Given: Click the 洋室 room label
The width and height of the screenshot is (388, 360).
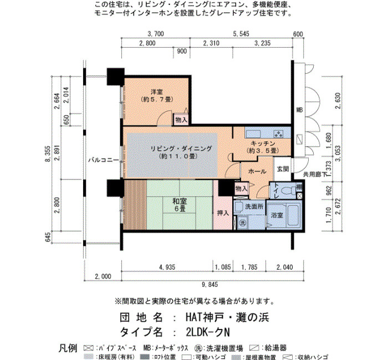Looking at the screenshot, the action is click(157, 92).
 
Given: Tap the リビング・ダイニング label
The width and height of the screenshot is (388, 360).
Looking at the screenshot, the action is click(181, 148).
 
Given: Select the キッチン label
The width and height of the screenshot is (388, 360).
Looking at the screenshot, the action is click(263, 143).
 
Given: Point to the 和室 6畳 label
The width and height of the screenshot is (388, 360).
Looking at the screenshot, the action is click(180, 205).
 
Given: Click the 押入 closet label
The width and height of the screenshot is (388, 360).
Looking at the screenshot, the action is click(223, 213).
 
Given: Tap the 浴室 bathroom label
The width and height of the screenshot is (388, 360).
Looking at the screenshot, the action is click(277, 215).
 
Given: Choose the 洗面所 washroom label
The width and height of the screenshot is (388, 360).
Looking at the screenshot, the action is click(254, 207).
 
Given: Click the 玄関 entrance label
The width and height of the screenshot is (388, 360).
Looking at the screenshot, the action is click(283, 169).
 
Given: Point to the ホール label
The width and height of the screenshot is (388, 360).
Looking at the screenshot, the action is click(257, 171).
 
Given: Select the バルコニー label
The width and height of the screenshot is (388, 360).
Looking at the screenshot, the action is click(104, 160).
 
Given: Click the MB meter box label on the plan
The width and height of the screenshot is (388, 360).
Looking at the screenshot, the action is click(299, 110).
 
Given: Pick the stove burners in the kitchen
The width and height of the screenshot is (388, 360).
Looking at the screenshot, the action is click(278, 134).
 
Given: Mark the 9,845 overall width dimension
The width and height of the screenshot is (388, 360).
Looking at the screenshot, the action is click(210, 285).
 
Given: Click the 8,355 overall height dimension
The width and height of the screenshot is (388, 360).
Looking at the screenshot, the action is click(48, 154).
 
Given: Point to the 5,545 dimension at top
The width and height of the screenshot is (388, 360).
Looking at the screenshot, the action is click(241, 34).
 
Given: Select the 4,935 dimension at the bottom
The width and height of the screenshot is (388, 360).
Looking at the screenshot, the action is click(167, 267).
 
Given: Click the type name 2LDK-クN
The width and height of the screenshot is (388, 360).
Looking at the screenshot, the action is click(208, 332).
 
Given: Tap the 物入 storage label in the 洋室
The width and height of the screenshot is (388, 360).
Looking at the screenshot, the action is click(181, 120).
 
